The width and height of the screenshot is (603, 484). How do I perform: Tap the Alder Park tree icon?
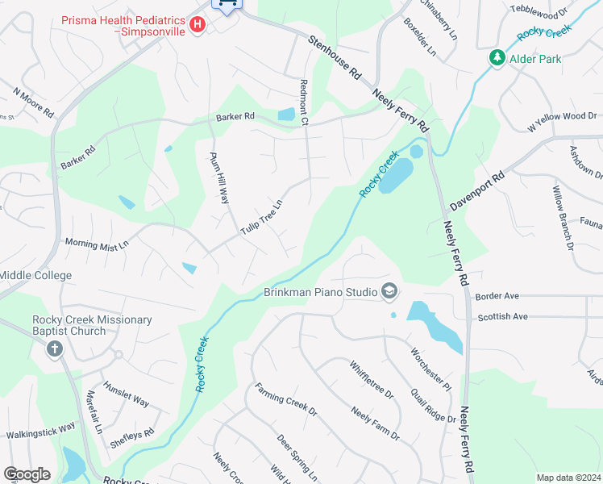497,58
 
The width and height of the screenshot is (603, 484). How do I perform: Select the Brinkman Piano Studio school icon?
390,291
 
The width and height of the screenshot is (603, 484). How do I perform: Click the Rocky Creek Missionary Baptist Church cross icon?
54,349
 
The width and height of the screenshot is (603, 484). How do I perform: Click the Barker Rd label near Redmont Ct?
235,117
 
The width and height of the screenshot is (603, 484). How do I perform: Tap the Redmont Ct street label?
305,103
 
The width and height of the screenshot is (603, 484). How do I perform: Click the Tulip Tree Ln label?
263,218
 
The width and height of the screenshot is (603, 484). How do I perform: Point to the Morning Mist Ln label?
97,244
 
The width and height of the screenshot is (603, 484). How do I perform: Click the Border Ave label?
497,296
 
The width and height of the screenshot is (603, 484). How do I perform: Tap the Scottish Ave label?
502,317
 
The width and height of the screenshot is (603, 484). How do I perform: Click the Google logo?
27,474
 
